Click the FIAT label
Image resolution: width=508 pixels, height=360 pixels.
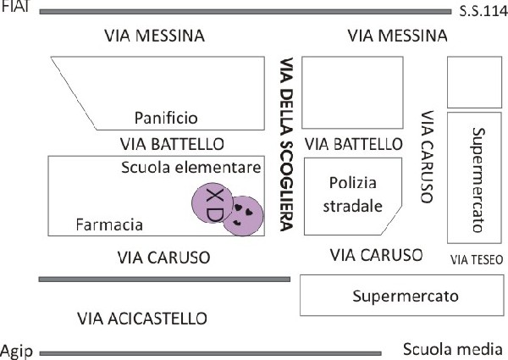[x=15, y=6]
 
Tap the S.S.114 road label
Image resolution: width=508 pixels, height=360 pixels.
[x=483, y=12]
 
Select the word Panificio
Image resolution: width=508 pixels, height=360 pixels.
[x=166, y=118]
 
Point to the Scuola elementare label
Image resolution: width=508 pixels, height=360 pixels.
[x=190, y=167]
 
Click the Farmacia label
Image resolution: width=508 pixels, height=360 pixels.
[x=109, y=224]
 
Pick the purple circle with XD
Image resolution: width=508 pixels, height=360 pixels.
[x=213, y=203]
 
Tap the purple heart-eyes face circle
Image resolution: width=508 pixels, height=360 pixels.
[x=244, y=216]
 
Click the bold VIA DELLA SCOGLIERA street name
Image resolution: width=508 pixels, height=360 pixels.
[x=287, y=144]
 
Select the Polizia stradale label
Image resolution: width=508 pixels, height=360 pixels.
[x=353, y=195]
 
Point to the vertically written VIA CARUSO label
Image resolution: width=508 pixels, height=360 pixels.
[x=427, y=157]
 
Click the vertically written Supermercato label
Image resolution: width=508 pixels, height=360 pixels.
[x=478, y=180]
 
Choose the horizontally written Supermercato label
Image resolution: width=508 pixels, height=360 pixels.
[x=406, y=296]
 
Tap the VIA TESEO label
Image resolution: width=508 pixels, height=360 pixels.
[x=477, y=259]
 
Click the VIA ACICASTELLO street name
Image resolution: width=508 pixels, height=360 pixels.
[x=142, y=318]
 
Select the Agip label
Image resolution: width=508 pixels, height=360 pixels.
[x=17, y=352]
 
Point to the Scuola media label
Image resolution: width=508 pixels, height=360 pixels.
[x=453, y=349]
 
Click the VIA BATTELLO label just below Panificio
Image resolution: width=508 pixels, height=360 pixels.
[x=172, y=144]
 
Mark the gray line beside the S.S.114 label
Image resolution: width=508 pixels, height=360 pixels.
[x=246, y=12]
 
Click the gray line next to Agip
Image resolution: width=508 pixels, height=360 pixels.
[x=210, y=353]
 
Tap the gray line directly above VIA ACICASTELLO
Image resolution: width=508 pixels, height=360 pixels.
[x=164, y=280]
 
